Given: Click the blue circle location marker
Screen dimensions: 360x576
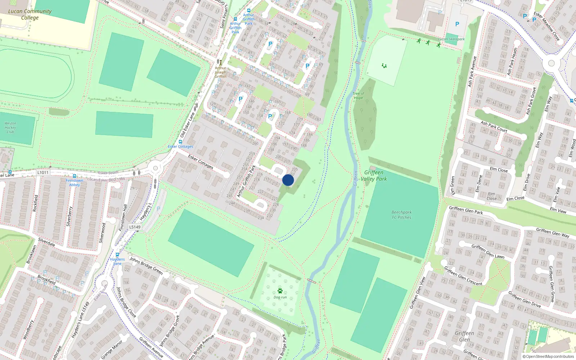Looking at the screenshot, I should click(288, 180).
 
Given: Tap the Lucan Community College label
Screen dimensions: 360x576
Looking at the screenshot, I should click(30, 14).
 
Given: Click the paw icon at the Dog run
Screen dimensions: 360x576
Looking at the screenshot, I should click(280, 291).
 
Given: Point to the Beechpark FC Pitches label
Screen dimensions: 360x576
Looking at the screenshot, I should click(401, 215).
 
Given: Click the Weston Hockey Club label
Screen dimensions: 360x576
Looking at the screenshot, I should click(10, 127).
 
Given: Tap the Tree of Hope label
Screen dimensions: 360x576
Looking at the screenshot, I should click(358, 95).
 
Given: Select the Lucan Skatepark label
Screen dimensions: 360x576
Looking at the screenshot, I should click(451, 39).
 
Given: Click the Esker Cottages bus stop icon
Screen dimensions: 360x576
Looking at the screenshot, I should click(180, 142).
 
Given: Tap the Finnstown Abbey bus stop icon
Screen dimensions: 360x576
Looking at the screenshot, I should click(75, 176).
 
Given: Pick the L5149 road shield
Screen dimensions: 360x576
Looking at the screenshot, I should click(135, 227).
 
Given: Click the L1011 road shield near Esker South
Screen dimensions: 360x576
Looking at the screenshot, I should click(42, 172).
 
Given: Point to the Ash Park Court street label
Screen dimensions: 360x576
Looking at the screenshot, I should click(494, 126).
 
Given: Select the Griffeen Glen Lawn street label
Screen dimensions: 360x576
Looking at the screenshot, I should click(488, 251).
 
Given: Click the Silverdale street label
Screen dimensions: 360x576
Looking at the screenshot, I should click(46, 242).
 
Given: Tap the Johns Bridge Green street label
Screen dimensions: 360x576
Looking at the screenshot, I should click(146, 265).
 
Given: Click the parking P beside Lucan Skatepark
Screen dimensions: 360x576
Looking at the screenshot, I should click(457, 24).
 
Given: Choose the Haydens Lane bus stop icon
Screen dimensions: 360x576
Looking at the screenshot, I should click(117, 255).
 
